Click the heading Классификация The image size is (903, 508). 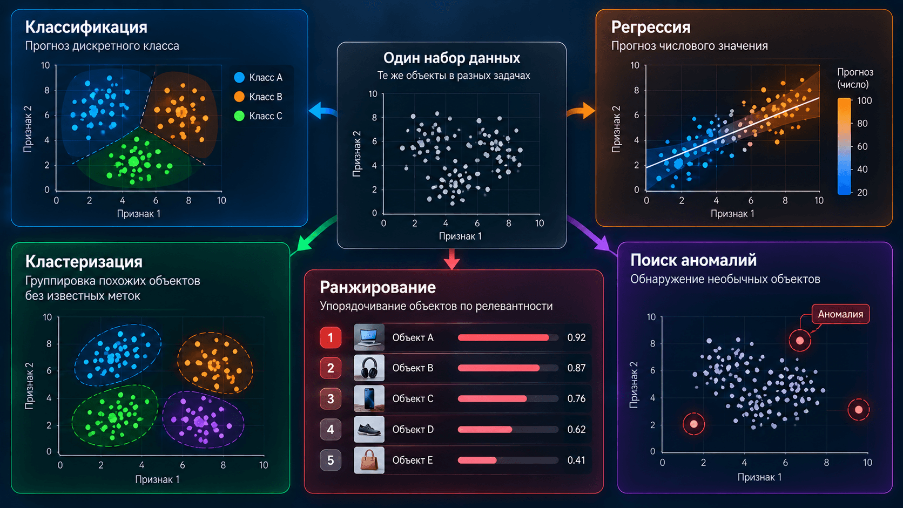pos(86,28)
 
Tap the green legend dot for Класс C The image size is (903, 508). pos(239,116)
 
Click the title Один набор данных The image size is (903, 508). pos(451,58)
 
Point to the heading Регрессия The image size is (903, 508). pos(651,28)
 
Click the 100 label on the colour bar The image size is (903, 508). pos(864,101)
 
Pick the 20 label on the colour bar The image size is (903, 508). pos(862,193)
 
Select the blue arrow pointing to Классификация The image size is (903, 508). pos(323,111)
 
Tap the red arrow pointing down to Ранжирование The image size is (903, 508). pos(452,259)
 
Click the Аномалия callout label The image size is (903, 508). pos(840,314)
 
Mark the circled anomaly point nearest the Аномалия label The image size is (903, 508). pos(800,341)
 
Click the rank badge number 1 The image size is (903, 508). pos(331,337)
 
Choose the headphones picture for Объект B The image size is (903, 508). pos(369,368)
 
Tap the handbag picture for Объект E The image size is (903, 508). pos(369,460)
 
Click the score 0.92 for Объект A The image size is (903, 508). pos(576,337)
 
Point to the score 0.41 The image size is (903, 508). pos(576,460)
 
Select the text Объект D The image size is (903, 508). pos(413,429)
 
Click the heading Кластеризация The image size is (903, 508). pos(84,262)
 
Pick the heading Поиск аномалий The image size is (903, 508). pos(693,260)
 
